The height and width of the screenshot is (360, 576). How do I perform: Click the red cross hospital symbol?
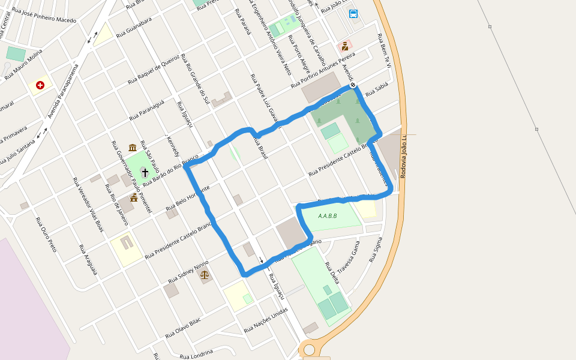point(40,85)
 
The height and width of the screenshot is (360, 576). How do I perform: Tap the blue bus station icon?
point(353,14)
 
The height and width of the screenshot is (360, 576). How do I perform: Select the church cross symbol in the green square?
point(145,172)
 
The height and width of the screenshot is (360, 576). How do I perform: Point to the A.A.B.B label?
point(328,216)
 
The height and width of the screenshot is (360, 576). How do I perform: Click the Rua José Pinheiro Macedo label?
point(44,16)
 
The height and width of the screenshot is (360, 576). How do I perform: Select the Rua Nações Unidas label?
point(266,320)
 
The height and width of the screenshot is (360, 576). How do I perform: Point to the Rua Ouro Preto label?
point(46,234)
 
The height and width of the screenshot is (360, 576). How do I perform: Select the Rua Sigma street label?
point(376,250)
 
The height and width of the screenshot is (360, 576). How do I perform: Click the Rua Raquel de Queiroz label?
point(154,70)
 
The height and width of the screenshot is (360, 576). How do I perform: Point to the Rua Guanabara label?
point(134,28)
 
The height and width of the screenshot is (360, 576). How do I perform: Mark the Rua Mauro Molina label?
point(23,65)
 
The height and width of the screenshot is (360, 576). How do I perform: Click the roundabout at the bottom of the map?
point(309,349)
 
